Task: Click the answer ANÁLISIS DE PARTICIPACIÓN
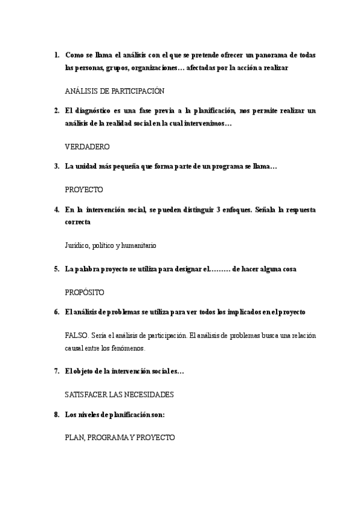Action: click(x=114, y=91)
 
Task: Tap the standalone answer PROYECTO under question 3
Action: click(x=83, y=189)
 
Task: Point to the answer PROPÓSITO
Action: click(x=84, y=292)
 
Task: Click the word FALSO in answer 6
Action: click(x=76, y=336)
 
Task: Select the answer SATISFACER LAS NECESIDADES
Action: click(x=119, y=394)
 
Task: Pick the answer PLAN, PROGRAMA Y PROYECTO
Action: click(x=119, y=438)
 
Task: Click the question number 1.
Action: click(x=56, y=55)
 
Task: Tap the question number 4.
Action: click(x=56, y=209)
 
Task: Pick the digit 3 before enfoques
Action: click(x=205, y=209)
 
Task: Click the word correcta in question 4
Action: click(x=78, y=221)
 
